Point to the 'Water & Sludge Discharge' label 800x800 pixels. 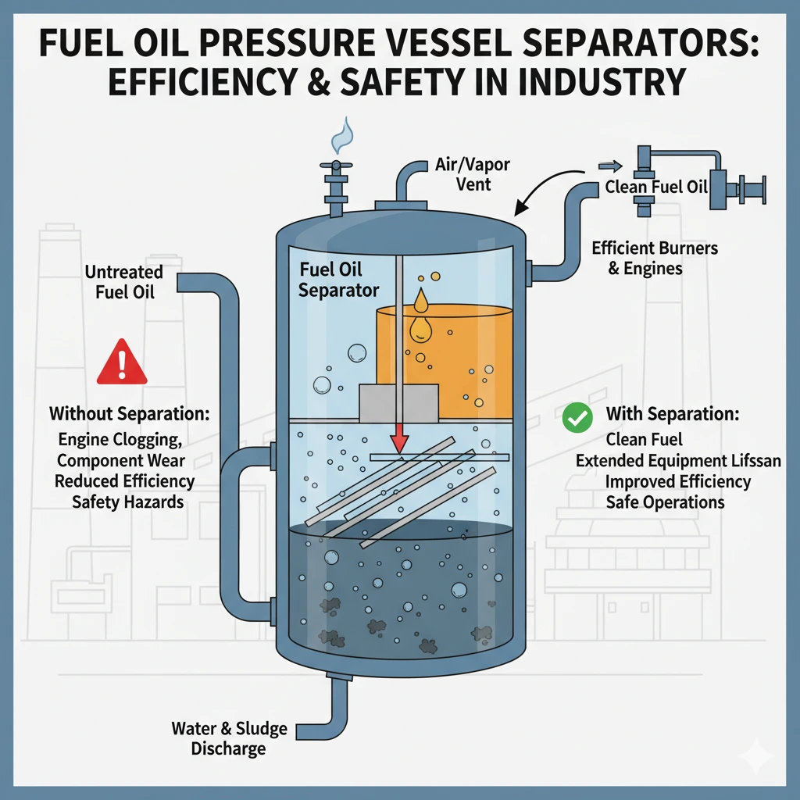click(x=230, y=738)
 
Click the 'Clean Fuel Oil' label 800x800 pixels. click(x=655, y=187)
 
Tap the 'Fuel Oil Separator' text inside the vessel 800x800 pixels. click(x=339, y=280)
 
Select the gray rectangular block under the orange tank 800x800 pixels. click(x=398, y=402)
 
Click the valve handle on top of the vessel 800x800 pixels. click(x=336, y=166)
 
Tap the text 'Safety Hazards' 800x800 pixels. click(x=127, y=502)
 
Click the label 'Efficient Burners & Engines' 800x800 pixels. click(x=654, y=258)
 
